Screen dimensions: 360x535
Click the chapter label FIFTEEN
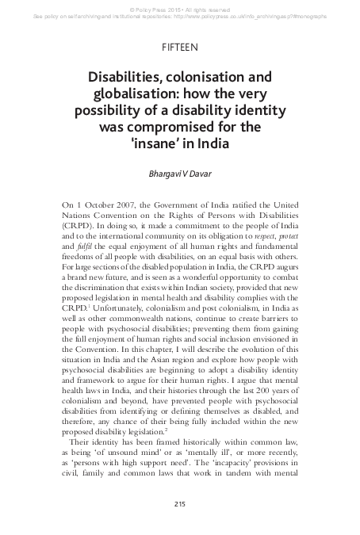point(179,48)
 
